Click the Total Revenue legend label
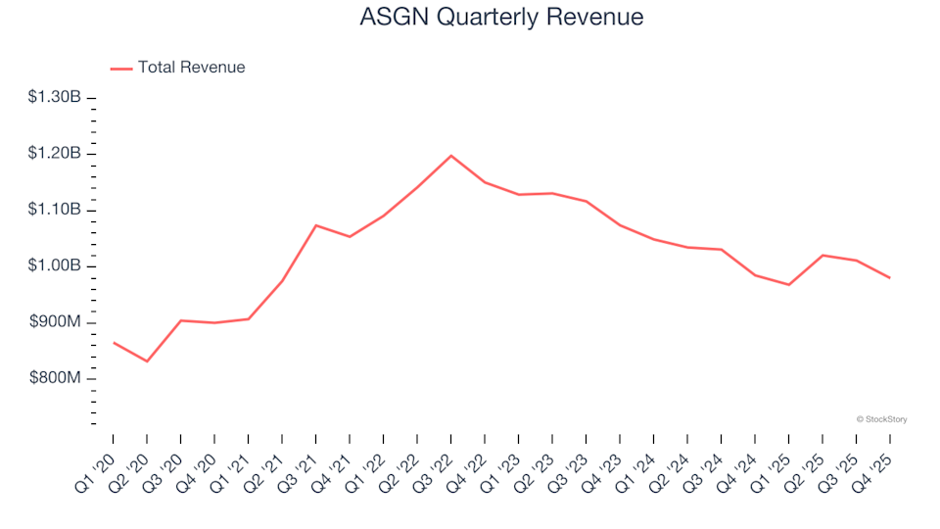click(191, 68)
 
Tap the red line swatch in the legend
click(120, 69)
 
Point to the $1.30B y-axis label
click(54, 97)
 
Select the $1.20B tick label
click(54, 154)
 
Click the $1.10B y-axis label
click(54, 210)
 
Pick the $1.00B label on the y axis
click(54, 266)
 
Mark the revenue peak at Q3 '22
click(450, 156)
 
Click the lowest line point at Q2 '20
click(147, 361)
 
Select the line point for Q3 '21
click(315, 225)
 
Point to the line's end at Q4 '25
click(889, 278)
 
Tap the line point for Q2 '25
click(822, 255)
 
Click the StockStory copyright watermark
click(881, 419)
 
